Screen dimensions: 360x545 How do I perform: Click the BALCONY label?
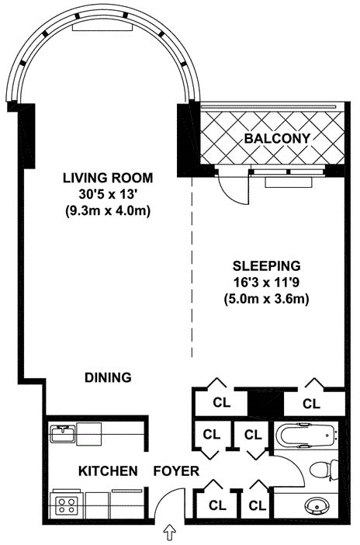click(277, 138)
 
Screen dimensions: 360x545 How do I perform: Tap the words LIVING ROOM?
click(108, 178)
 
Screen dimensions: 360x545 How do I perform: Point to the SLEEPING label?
click(267, 266)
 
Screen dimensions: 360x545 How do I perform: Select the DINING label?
click(108, 377)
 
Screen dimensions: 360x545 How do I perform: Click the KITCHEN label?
click(108, 471)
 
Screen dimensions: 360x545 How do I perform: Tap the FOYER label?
click(177, 471)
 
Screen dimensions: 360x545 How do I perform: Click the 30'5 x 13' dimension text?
click(108, 194)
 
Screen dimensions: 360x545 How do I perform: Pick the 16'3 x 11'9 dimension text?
click(267, 283)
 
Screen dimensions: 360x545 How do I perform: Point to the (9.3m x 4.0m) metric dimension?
click(108, 211)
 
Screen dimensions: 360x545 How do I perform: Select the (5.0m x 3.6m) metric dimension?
click(267, 299)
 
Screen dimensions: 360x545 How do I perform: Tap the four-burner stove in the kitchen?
click(67, 505)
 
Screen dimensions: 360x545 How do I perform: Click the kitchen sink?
click(63, 434)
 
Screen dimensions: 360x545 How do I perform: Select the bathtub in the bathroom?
click(306, 435)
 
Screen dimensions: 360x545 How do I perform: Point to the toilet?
click(324, 469)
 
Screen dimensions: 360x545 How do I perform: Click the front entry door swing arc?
click(164, 498)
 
